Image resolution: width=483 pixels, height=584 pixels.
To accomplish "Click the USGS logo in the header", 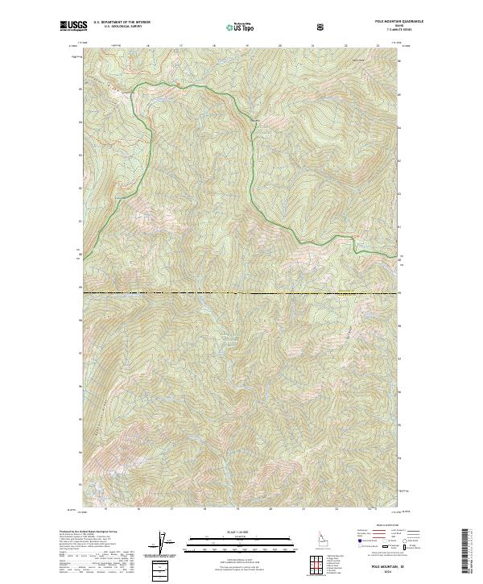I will coord(72,27).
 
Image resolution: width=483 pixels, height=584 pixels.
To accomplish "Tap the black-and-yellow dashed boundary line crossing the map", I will coord(242,292).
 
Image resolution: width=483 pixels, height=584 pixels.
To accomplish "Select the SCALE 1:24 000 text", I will coord(241,532).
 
